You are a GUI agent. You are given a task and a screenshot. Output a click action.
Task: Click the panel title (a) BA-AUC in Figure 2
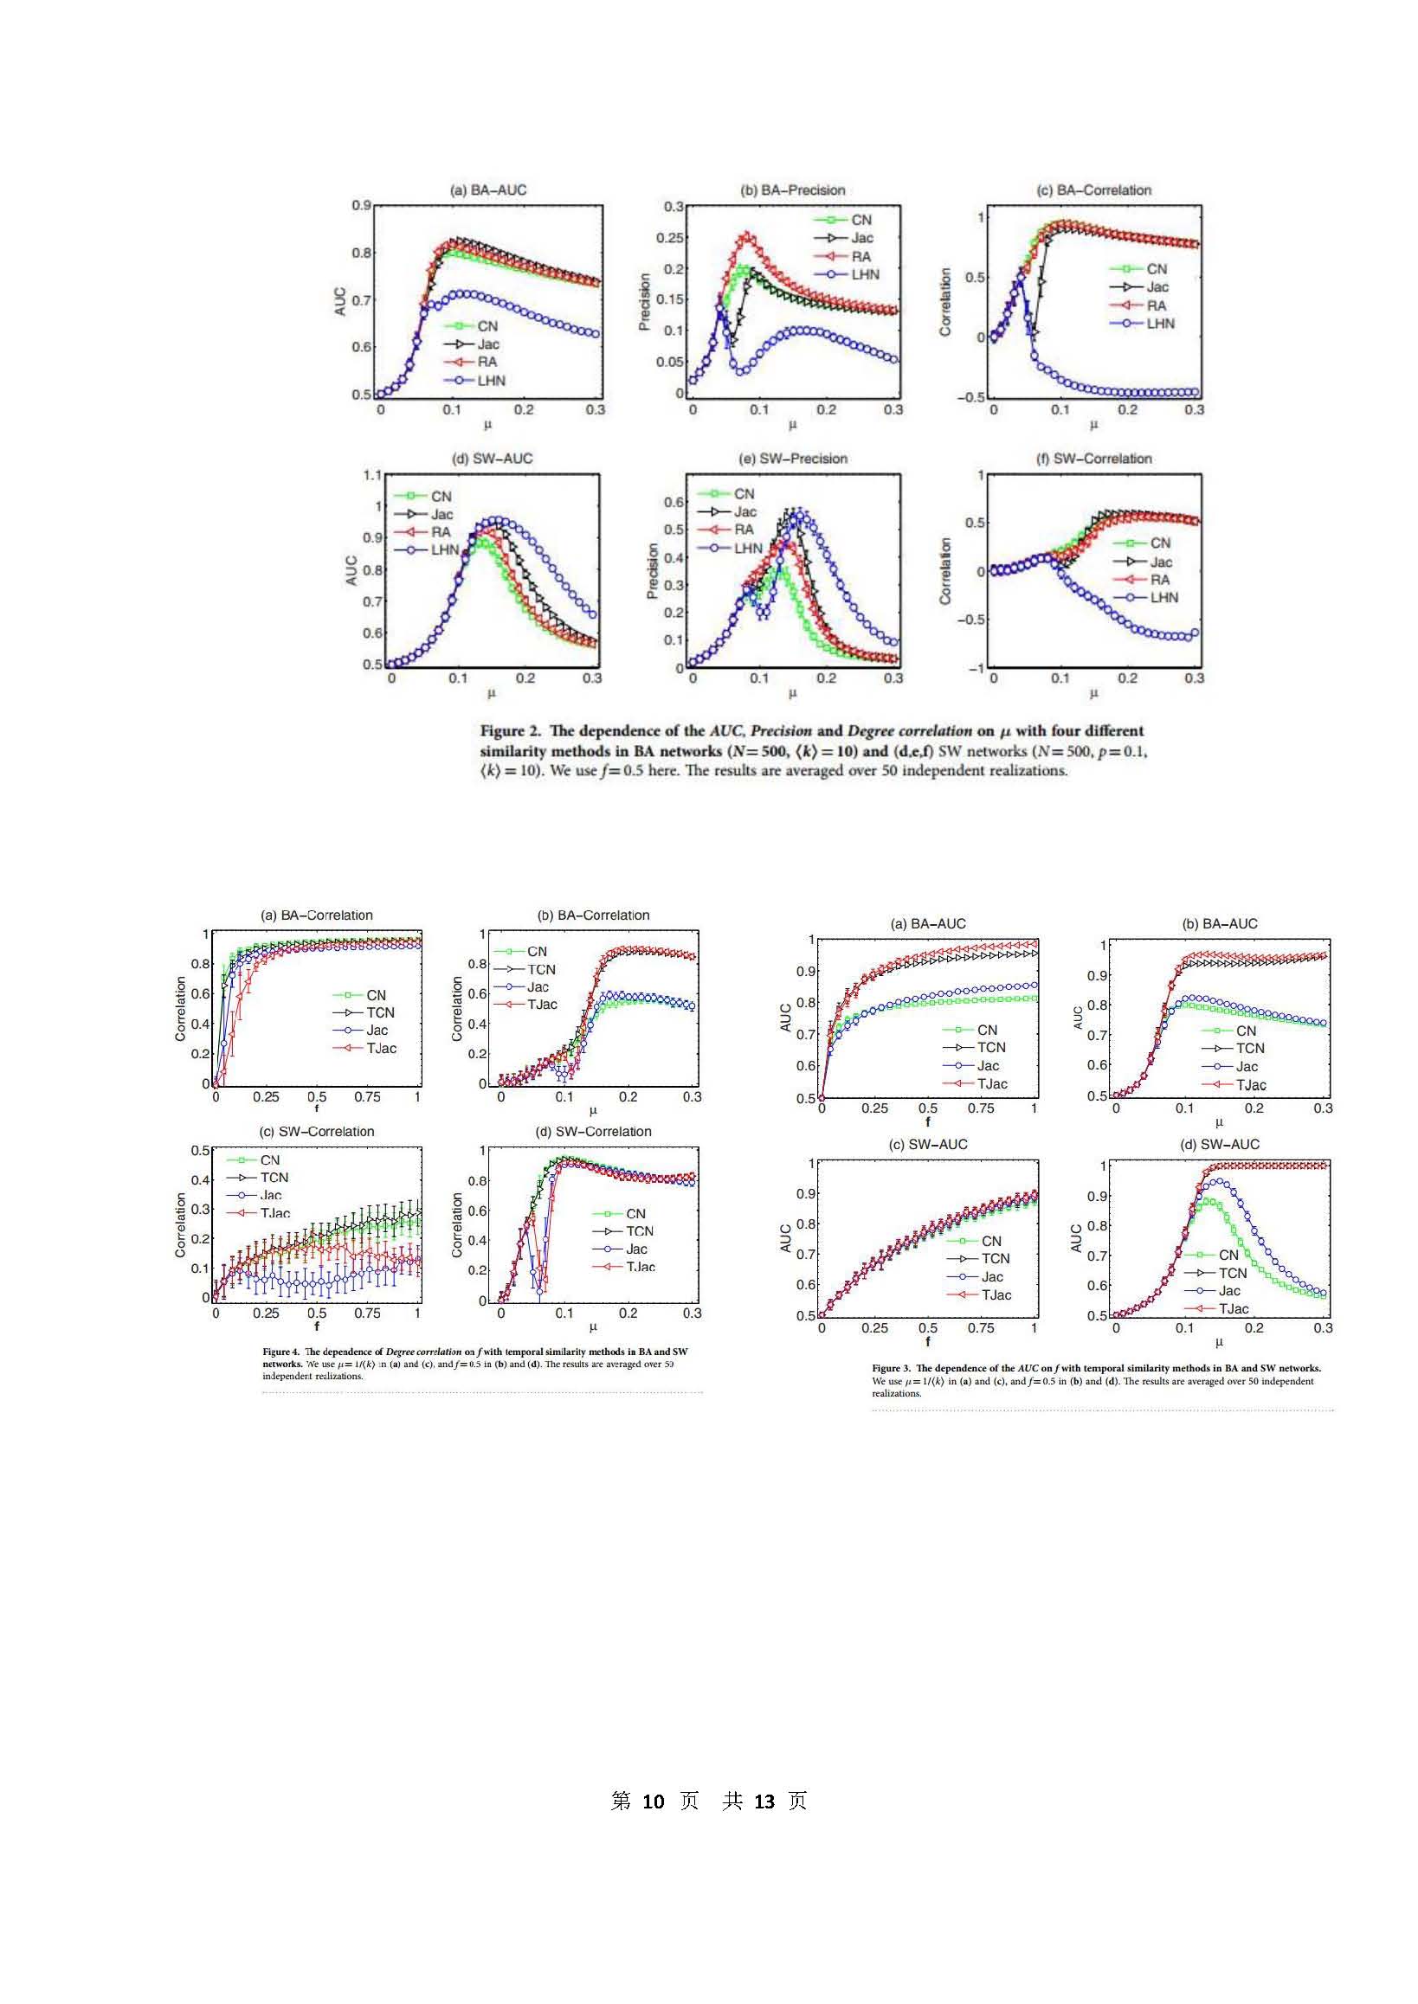487,190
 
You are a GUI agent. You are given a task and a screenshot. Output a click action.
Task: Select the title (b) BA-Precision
792,190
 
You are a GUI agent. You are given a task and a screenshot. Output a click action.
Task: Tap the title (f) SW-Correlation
1093,459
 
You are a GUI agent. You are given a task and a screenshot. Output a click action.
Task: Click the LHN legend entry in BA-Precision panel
865,275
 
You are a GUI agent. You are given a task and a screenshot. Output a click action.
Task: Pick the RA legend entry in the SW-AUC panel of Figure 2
440,532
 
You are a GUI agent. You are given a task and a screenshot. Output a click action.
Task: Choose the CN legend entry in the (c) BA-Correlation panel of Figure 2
1156,270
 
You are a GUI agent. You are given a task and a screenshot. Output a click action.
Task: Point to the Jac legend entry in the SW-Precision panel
744,512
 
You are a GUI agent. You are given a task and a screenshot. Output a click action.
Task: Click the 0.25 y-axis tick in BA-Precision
670,238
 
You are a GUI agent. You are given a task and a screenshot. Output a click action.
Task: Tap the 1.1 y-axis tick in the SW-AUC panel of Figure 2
372,476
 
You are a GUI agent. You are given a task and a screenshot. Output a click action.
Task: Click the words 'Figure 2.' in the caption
510,731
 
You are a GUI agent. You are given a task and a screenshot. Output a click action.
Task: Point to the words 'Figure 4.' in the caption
280,1352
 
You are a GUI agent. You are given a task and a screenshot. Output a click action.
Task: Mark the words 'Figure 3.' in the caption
891,1369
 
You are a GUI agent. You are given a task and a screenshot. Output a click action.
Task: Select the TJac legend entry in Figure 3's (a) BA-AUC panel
991,1084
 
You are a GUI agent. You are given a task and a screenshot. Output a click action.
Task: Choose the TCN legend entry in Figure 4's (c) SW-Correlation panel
274,1178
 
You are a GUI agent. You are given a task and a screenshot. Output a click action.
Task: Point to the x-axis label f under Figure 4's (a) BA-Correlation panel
316,1108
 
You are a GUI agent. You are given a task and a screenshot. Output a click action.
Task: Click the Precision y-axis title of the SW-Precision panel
651,571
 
